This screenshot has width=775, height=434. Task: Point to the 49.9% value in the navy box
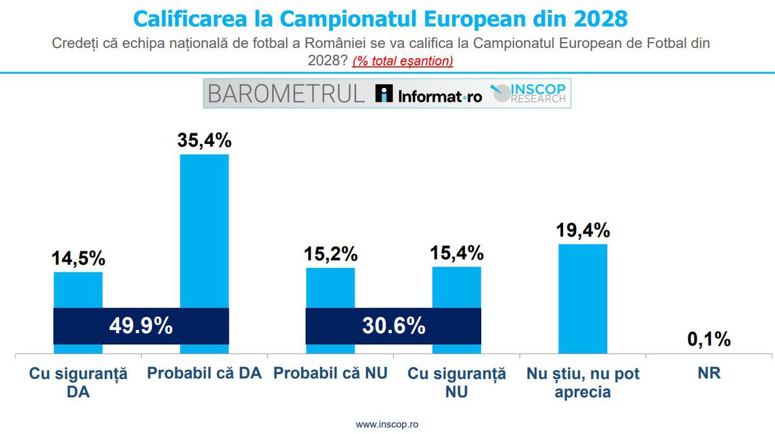click(x=140, y=326)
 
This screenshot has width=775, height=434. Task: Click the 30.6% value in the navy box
click(x=393, y=326)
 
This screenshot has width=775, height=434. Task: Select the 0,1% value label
click(x=708, y=339)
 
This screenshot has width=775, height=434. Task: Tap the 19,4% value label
click(x=583, y=231)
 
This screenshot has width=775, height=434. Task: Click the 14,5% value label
click(x=77, y=258)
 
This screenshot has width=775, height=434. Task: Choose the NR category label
click(x=708, y=374)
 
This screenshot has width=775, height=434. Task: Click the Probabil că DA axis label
click(x=204, y=374)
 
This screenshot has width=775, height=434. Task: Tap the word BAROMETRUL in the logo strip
click(x=286, y=94)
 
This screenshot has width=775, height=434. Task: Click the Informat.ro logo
click(x=429, y=95)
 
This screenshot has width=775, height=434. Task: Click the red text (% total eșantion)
click(x=402, y=61)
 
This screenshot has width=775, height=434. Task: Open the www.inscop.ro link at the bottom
click(x=387, y=424)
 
